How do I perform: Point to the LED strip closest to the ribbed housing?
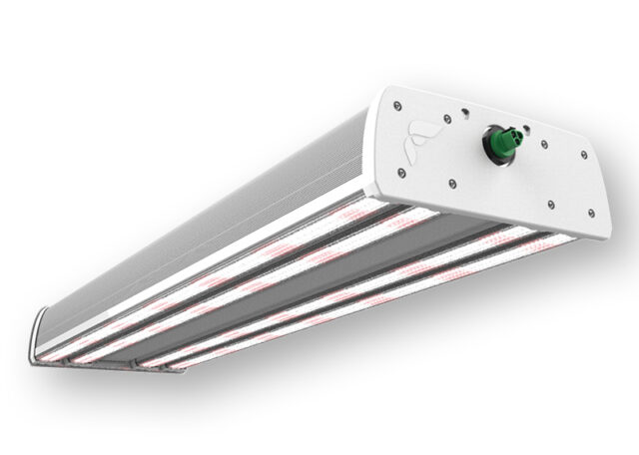tap(250, 244)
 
